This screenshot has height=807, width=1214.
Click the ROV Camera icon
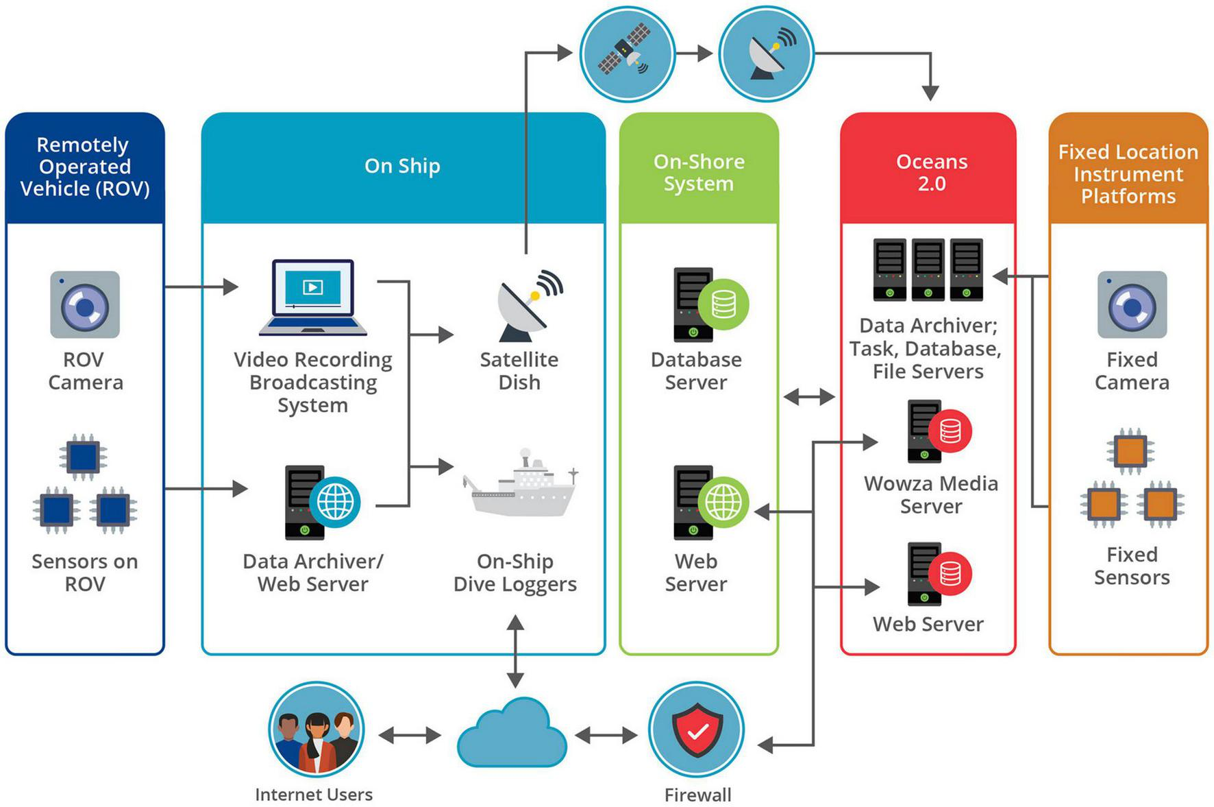click(85, 304)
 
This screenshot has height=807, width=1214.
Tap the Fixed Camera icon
click(1132, 304)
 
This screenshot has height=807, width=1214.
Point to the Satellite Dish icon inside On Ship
click(528, 306)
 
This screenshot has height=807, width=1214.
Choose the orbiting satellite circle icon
click(627, 54)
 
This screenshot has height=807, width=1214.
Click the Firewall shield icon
click(697, 729)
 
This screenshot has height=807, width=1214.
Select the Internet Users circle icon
click(316, 729)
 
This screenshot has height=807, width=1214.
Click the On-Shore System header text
click(699, 172)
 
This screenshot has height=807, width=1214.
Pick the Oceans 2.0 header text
click(931, 172)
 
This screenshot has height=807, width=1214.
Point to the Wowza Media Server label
click(930, 494)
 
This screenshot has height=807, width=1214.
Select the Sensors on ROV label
click(85, 573)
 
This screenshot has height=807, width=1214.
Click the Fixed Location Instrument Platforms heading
click(1128, 173)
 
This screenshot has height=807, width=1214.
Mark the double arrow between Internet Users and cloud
click(410, 736)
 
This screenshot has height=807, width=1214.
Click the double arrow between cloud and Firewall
click(606, 736)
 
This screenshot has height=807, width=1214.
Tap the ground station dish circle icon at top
click(767, 54)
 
